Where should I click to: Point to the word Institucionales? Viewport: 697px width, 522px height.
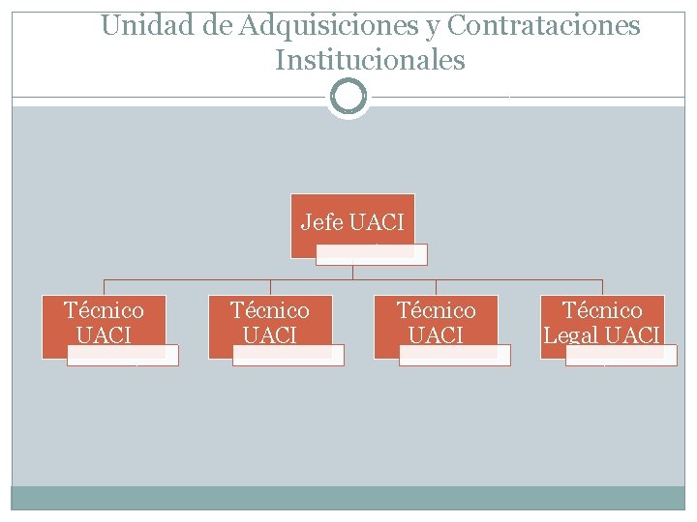370,61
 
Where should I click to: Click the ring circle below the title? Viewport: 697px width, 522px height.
348,97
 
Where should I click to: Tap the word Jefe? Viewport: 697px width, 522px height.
322,223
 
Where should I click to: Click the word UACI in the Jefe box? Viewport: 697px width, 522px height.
377,223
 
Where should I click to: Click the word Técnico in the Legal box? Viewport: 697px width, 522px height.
602,310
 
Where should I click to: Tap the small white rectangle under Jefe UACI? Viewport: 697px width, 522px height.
372,255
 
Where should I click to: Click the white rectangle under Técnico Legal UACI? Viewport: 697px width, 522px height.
621,356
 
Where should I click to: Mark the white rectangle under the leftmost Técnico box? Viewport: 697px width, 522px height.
123,356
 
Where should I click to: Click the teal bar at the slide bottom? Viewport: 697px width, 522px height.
348,498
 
